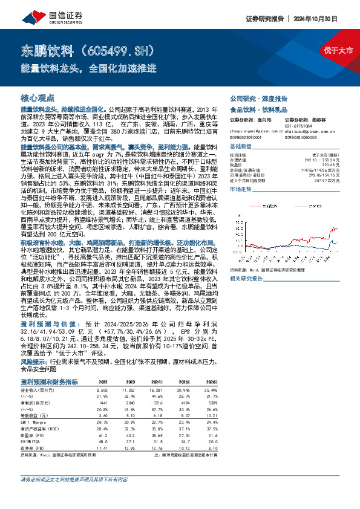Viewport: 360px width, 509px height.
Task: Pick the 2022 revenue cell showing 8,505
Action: tap(103, 391)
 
